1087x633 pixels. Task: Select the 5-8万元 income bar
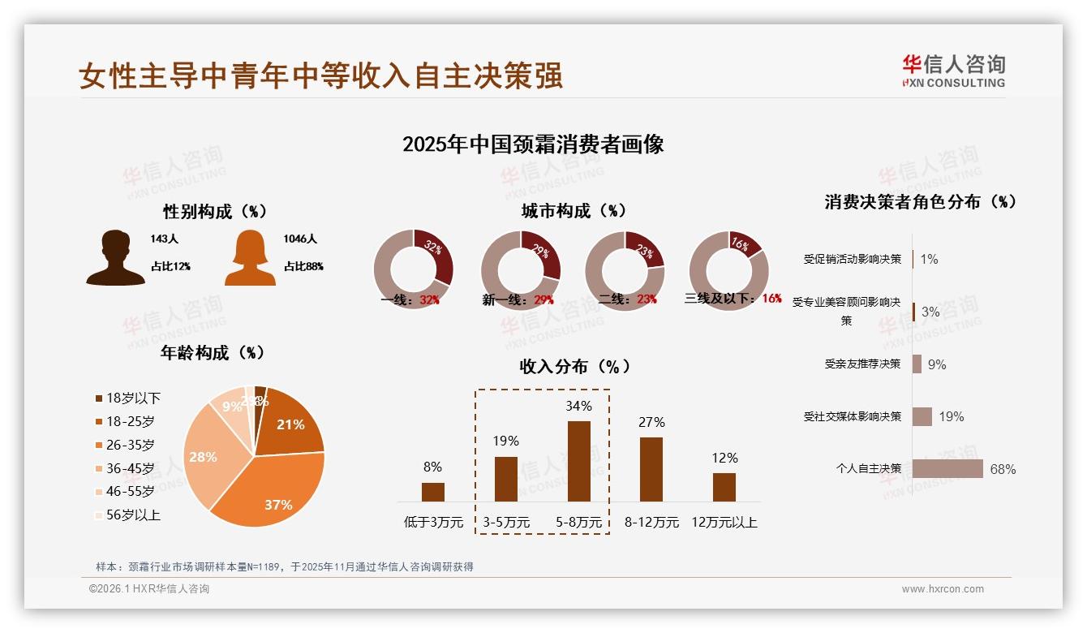(x=578, y=461)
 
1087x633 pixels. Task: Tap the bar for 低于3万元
(x=433, y=492)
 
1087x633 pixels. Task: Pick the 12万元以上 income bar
(x=724, y=487)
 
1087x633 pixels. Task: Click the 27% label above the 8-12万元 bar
(x=651, y=422)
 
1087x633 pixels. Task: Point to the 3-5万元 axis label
(x=506, y=523)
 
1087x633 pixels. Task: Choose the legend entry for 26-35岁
(x=130, y=445)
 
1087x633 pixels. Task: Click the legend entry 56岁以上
(x=133, y=515)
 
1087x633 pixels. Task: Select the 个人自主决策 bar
(x=947, y=469)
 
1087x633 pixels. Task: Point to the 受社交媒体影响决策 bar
(x=922, y=416)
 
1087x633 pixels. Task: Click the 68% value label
(x=1003, y=469)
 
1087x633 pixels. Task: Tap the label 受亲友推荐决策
(x=862, y=364)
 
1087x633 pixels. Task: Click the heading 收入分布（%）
(x=575, y=366)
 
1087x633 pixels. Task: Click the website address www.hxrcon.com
(x=943, y=589)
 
